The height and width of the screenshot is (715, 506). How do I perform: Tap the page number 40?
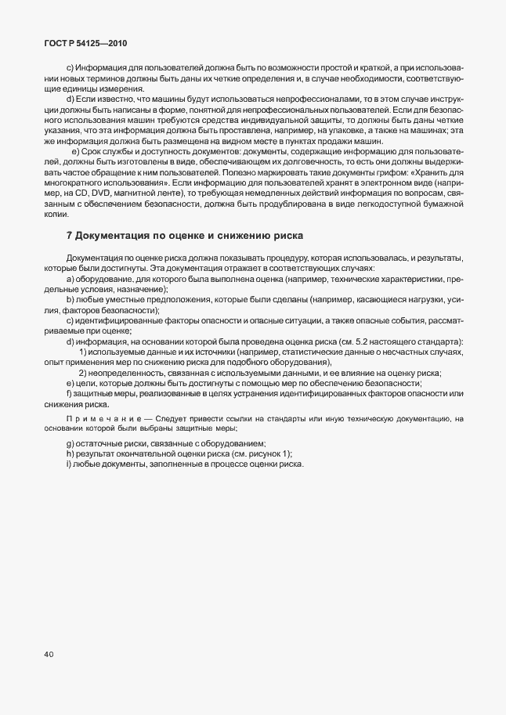pos(49,655)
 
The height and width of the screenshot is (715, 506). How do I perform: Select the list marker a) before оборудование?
pos(70,280)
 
